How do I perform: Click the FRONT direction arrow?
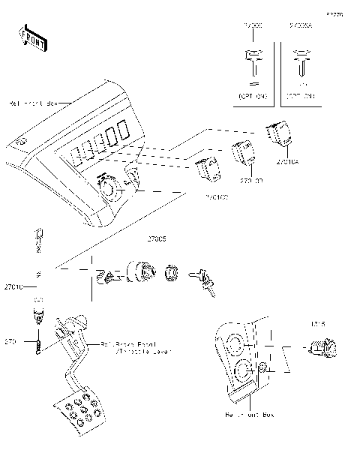(x=31, y=37)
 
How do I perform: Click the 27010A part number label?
(x=287, y=161)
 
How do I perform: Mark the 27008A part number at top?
(x=301, y=26)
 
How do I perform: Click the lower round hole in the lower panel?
(x=244, y=371)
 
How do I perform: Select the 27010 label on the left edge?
(x=13, y=286)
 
